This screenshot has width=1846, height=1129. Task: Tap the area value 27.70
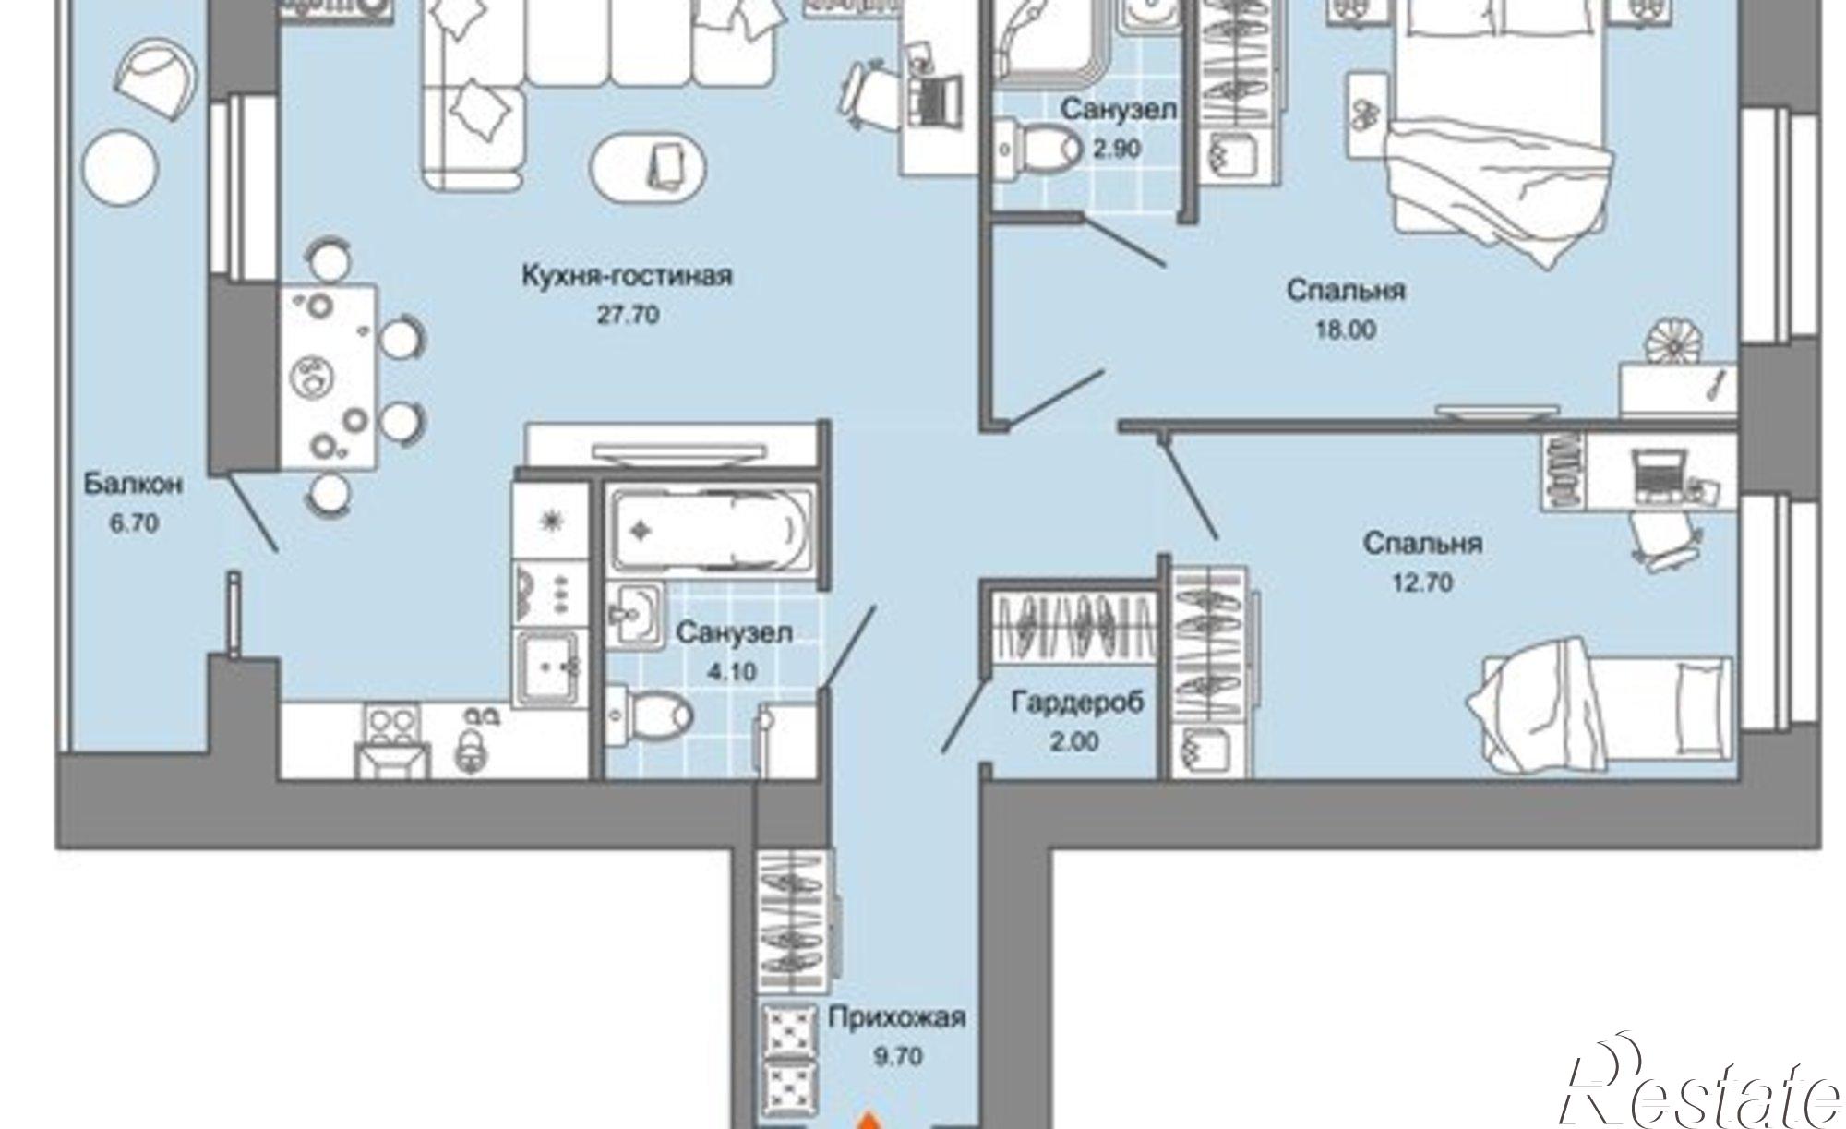pos(628,315)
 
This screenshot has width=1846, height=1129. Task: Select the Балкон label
pos(132,484)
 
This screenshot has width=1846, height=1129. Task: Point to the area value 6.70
pos(134,523)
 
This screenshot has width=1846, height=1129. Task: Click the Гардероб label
pos(1077,703)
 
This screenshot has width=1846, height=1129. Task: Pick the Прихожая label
pos(896,1017)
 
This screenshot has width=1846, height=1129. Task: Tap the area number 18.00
pos(1345,330)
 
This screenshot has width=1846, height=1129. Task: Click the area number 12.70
pos(1421,583)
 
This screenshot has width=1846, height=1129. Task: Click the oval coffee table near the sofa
pos(649,170)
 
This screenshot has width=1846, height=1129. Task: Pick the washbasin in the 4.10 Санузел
pos(635,612)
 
